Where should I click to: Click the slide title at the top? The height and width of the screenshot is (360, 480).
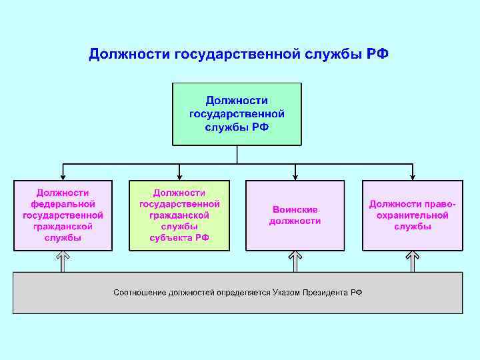pos(239,53)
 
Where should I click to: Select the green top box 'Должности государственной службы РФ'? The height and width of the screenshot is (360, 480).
pos(237,113)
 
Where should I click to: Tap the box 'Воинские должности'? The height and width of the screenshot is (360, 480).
pos(295,215)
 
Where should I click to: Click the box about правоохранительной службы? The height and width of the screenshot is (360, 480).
pos(412,215)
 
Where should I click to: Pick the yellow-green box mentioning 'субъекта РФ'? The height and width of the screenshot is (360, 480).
pos(179,215)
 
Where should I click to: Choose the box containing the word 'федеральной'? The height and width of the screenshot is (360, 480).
pos(63,215)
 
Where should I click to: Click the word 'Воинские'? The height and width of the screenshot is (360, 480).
pos(295,209)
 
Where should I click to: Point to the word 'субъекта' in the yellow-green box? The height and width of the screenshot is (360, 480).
pos(169,237)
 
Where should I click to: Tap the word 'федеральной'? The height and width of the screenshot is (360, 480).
pos(63,204)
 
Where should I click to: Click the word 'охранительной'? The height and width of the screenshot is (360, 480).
pos(412,215)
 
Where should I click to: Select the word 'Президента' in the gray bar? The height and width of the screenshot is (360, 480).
pos(326,293)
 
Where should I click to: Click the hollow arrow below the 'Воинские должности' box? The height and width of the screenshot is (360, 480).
pos(295,261)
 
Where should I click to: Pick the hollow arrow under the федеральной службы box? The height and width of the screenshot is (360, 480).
pos(63,261)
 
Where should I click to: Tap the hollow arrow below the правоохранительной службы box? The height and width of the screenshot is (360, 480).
pos(412,261)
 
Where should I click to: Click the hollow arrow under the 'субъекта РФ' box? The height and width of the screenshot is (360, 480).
pos(179,261)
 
